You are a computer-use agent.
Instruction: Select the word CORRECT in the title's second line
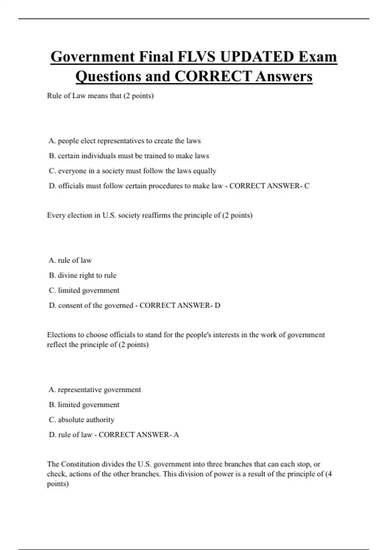point(213,76)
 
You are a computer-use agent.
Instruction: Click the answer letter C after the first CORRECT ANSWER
point(307,186)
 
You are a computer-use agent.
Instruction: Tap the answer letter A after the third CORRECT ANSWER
point(176,435)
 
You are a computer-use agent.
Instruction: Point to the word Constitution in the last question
point(81,464)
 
